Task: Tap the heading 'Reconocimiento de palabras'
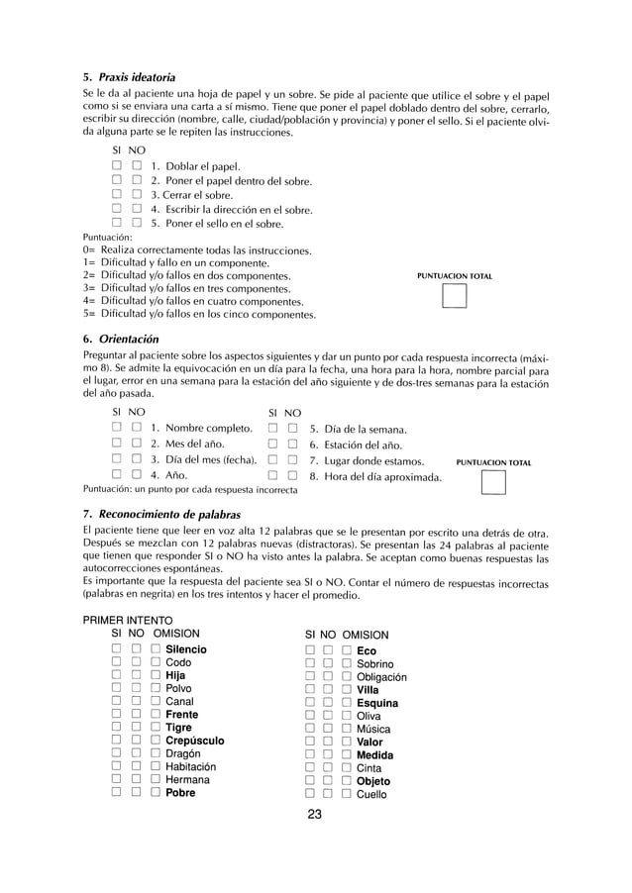point(163,515)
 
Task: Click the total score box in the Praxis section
point(454,299)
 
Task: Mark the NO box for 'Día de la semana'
point(292,430)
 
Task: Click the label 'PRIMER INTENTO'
point(129,620)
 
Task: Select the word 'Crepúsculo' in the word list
point(194,741)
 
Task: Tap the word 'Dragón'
point(185,753)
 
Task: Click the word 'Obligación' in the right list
point(381,677)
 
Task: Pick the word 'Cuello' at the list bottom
point(371,794)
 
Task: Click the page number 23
point(315,815)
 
